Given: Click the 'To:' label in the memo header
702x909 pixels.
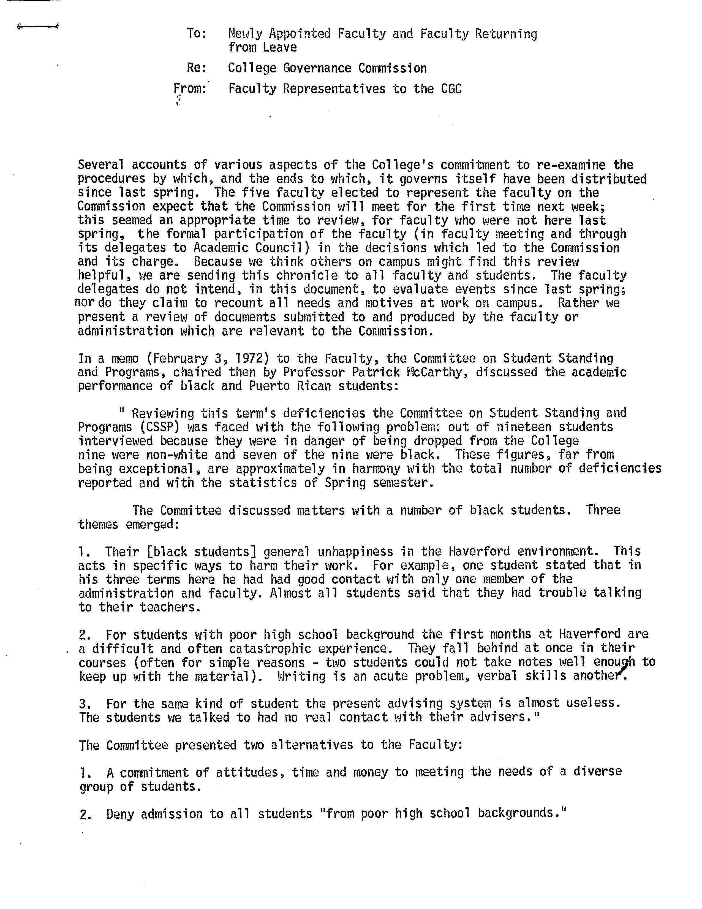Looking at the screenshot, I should [x=196, y=33].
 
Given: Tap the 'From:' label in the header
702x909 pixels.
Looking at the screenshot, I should [x=190, y=89].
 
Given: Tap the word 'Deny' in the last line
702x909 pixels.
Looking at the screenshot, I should [x=120, y=814].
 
